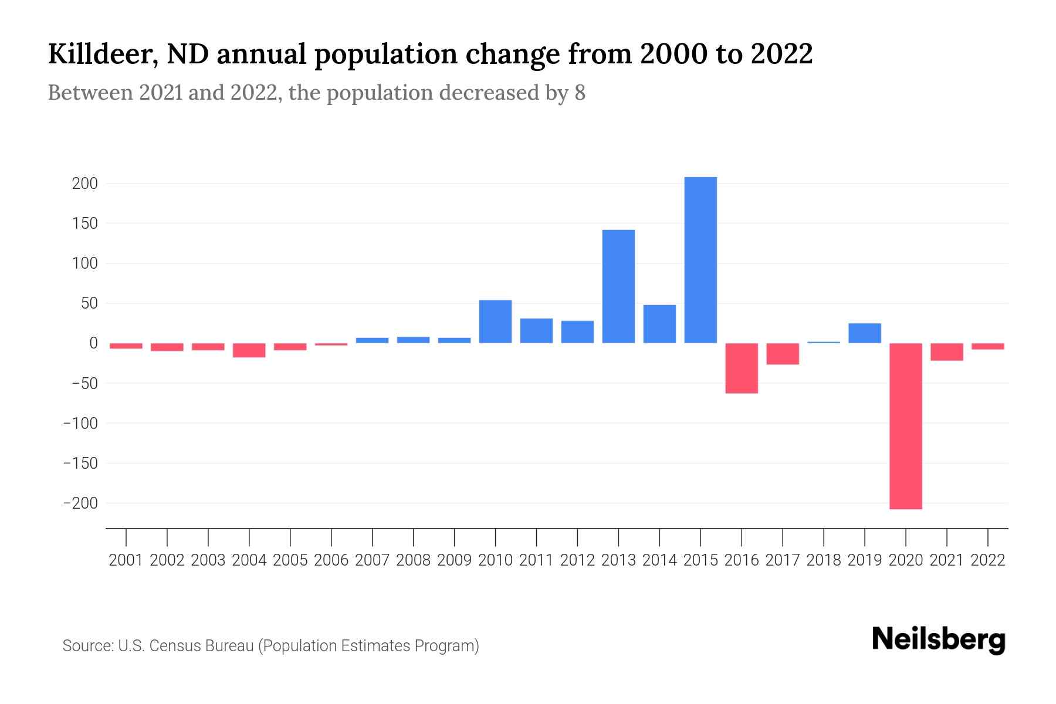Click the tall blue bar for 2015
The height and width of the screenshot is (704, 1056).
(x=700, y=260)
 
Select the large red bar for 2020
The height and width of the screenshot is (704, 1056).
(x=905, y=426)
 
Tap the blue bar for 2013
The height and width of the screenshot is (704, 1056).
(x=618, y=286)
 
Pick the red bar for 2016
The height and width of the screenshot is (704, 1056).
(x=742, y=368)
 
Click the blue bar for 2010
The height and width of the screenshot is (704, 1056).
(x=495, y=321)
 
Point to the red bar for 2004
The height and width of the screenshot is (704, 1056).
(x=249, y=350)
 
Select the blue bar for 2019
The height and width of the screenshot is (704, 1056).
(x=864, y=333)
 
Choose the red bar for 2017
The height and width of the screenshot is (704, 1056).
(x=783, y=354)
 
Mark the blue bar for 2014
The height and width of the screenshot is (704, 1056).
(x=659, y=324)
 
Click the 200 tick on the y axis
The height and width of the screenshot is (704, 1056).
(x=84, y=184)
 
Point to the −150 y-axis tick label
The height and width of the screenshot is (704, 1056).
(x=80, y=463)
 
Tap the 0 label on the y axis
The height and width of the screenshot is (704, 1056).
(x=93, y=343)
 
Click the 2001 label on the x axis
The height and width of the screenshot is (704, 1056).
(x=126, y=560)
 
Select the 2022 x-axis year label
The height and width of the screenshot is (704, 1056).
(x=988, y=560)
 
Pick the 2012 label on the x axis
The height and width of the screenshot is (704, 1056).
(x=577, y=560)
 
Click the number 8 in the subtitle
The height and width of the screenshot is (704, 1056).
(x=580, y=93)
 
